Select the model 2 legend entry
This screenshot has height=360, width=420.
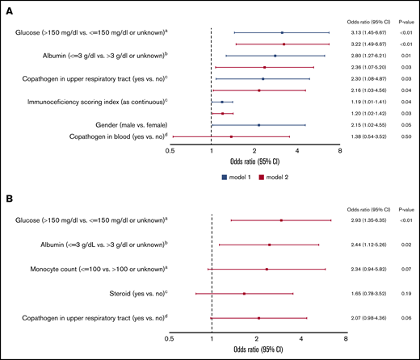(x=276, y=175)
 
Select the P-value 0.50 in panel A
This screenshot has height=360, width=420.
(x=406, y=137)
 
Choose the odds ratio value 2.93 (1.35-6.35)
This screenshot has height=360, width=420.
(x=367, y=220)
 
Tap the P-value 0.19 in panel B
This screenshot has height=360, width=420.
(x=406, y=294)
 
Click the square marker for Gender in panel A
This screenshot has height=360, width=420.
(x=258, y=125)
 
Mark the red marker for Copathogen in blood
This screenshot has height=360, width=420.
(x=231, y=137)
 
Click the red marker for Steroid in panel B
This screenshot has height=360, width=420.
(x=244, y=294)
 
